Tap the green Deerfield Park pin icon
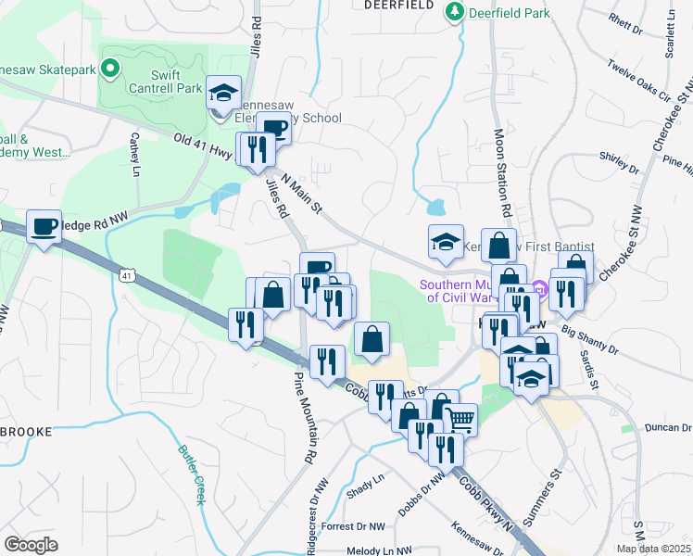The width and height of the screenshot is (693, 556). pyautogui.click(x=455, y=12)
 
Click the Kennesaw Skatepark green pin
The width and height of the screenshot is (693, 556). pyautogui.click(x=109, y=69)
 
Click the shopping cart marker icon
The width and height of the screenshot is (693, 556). pyautogui.click(x=460, y=419)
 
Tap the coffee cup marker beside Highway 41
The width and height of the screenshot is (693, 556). pyautogui.click(x=43, y=226)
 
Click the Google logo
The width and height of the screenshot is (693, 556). pyautogui.click(x=31, y=545)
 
